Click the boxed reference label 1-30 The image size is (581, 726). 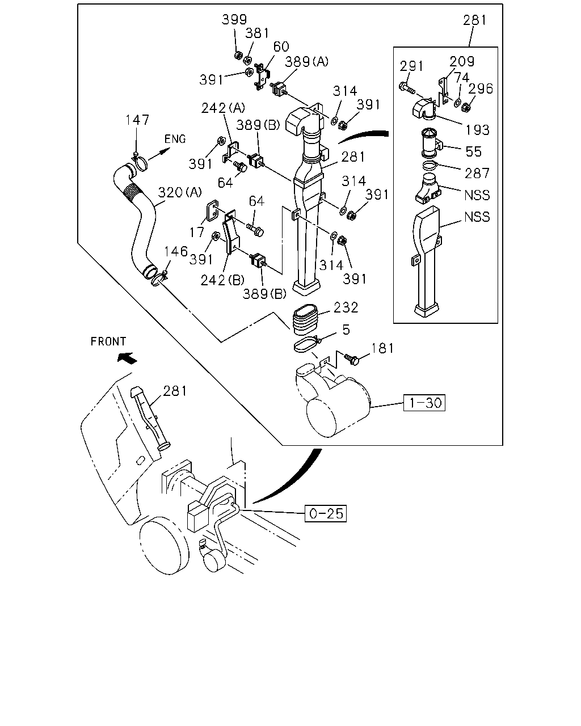coord(424,403)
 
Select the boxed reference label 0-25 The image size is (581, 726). coord(326,513)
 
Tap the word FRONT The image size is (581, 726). coord(108,341)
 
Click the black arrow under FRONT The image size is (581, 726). coord(127,357)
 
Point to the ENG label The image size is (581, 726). coord(175,138)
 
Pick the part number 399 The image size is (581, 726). coord(234,19)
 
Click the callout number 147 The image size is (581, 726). coord(137,120)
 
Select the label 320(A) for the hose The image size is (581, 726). coord(180,192)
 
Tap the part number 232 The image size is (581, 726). coord(346,307)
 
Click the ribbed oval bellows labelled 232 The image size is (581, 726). coord(305,320)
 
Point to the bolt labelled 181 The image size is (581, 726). coord(352,359)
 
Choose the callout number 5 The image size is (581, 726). coord(346,330)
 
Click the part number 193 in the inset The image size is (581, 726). coord(477,129)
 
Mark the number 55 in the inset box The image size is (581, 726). coord(473,151)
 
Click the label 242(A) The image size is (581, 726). coord(223,108)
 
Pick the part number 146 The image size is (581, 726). coord(175,251)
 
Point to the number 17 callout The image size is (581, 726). coord(197,232)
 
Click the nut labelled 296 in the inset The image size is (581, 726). coord(466,107)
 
